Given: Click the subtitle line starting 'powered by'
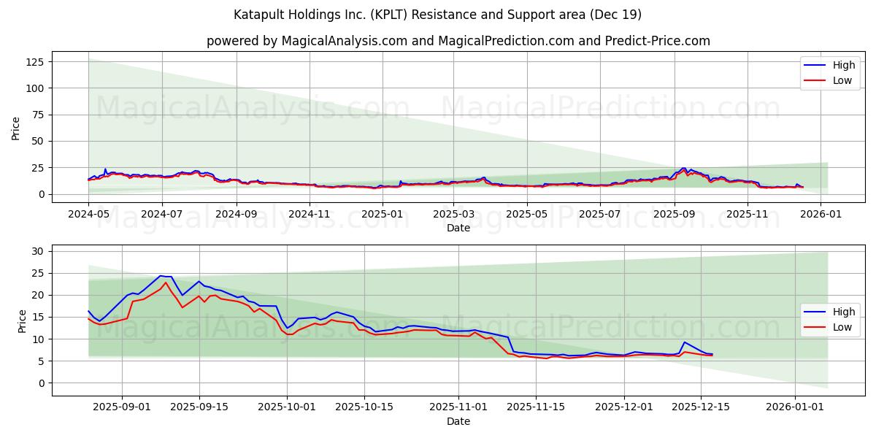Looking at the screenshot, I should tap(458, 41).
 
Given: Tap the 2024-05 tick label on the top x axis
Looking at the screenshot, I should tap(88, 215).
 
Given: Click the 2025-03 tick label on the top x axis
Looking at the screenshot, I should tap(453, 215).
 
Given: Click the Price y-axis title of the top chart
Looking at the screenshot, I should tap(16, 128).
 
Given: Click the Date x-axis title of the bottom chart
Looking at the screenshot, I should tap(458, 421).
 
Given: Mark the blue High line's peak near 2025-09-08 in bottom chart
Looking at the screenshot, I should tap(161, 276).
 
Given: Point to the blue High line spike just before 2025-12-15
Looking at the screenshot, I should tap(684, 342).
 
